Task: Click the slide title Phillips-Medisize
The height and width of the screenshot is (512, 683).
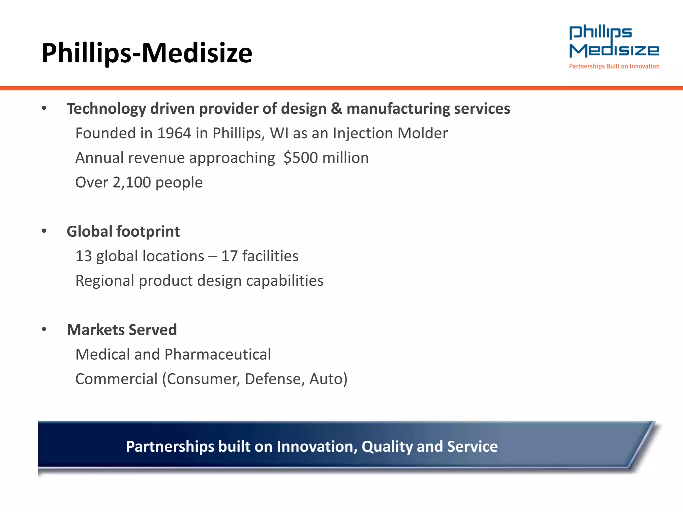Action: (x=147, y=53)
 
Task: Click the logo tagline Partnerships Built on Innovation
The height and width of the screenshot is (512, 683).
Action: (x=614, y=66)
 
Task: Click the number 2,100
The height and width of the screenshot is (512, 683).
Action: (x=132, y=183)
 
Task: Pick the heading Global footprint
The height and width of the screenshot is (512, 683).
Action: (x=123, y=232)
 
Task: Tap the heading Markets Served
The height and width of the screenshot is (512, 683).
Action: (x=122, y=330)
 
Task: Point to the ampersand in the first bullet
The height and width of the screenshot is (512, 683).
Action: (x=336, y=109)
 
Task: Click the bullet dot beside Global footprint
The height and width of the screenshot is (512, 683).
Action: (x=44, y=231)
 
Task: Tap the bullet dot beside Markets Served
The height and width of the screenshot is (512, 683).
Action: (x=44, y=329)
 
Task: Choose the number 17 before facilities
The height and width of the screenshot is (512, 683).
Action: (x=229, y=256)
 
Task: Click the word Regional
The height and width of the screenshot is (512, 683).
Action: (x=105, y=281)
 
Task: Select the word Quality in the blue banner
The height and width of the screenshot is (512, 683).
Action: (x=387, y=447)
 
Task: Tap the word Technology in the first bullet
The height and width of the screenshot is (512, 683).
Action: (x=106, y=109)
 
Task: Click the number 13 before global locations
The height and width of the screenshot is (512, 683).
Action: (x=83, y=256)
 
